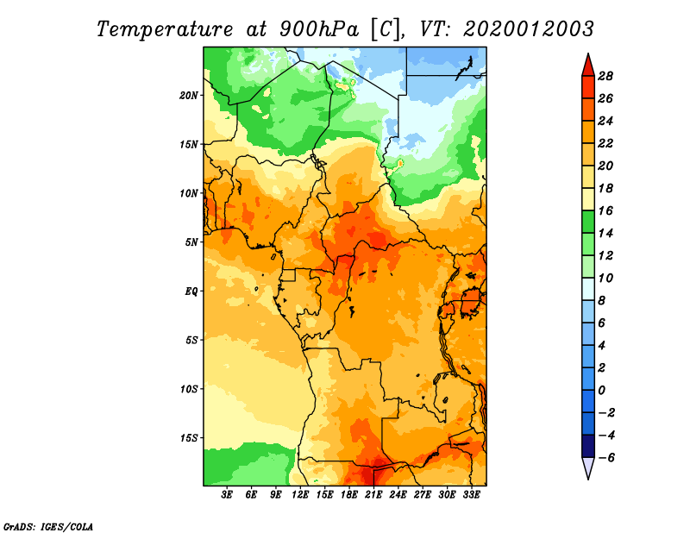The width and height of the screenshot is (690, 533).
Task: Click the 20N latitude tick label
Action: pyautogui.click(x=189, y=96)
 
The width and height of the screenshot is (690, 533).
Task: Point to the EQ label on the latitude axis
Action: pyautogui.click(x=191, y=292)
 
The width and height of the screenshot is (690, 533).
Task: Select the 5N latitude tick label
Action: pyautogui.click(x=191, y=242)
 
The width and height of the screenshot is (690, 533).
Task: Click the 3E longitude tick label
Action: pyautogui.click(x=227, y=495)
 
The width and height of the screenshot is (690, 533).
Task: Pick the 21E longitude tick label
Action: pyautogui.click(x=373, y=495)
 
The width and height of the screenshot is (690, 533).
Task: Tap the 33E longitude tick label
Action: pyautogui.click(x=471, y=495)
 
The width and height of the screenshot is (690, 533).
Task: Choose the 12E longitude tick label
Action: pyautogui.click(x=300, y=495)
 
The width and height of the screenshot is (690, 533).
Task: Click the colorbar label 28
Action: pyautogui.click(x=605, y=76)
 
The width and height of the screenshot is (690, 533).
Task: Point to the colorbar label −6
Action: pyautogui.click(x=606, y=458)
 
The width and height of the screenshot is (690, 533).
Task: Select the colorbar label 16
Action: pyautogui.click(x=605, y=210)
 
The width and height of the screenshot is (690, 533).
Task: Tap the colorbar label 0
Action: pyautogui.click(x=601, y=391)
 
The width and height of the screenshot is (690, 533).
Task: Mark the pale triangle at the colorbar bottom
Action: pyautogui.click(x=588, y=467)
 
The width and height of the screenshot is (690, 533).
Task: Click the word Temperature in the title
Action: pyautogui.click(x=165, y=29)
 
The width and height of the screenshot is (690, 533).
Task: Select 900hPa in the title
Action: pyautogui.click(x=318, y=29)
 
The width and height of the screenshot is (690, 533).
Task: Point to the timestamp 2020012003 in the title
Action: pyautogui.click(x=528, y=29)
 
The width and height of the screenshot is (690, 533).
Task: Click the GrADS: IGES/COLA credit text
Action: pyautogui.click(x=48, y=526)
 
